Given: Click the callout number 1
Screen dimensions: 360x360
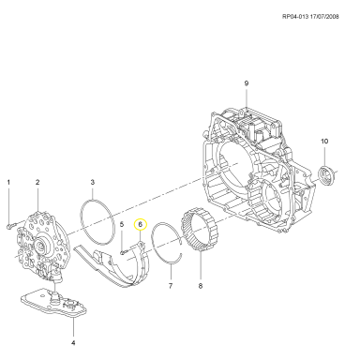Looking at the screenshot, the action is coord(8,182).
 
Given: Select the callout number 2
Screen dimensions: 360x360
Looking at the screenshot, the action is coord(37,182).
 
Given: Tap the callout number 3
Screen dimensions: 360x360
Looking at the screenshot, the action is coord(93,182).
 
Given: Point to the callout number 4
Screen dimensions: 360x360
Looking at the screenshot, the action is coord(73,343).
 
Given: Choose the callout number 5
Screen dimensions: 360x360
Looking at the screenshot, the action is coord(122,224).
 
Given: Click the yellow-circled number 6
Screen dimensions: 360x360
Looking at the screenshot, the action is coord(141,224).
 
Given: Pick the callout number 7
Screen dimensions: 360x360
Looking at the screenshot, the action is coord(171,286).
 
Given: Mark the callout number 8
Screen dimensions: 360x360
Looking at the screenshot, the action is coord(201,286).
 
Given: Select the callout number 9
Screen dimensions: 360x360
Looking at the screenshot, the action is coord(247,83).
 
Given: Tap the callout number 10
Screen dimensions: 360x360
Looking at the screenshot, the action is coord(324,142).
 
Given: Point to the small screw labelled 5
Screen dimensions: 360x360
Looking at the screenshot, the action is coord(123,251).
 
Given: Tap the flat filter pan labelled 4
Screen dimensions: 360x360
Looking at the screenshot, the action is coord(53,302).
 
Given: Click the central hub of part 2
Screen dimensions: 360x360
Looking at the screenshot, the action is coord(41,245).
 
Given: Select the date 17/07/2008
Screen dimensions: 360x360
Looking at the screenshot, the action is coord(324,17).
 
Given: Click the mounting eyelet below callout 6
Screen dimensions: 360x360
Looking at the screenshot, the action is coord(142,243).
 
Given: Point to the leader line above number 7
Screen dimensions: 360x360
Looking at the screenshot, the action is coord(172,272).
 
